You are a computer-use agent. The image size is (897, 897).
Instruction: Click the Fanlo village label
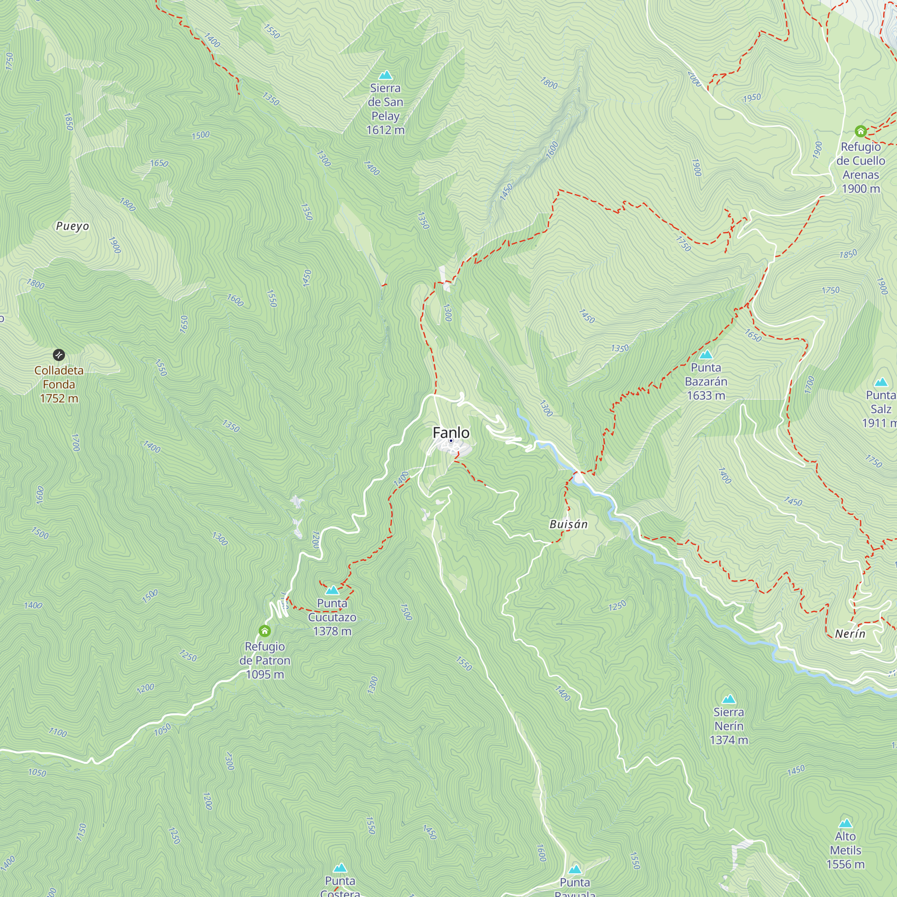[x=451, y=432]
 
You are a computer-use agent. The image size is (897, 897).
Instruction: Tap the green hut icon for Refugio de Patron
[x=265, y=631]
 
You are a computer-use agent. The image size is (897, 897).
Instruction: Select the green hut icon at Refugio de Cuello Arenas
[x=860, y=131]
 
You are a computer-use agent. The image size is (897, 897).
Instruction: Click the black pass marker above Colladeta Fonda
[x=59, y=355]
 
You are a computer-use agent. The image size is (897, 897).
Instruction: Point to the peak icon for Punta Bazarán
[x=705, y=355]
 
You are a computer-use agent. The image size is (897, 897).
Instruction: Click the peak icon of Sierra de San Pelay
[x=385, y=75]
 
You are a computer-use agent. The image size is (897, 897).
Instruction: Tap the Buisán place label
[x=568, y=524]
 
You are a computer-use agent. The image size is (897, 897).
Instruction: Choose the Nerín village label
[x=849, y=634]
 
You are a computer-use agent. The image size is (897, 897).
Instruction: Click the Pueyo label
[x=72, y=226]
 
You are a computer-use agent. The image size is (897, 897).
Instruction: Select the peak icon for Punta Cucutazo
[x=332, y=591]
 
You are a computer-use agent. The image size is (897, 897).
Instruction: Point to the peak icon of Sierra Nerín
[x=728, y=699]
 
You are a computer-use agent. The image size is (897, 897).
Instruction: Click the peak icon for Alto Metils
[x=845, y=823]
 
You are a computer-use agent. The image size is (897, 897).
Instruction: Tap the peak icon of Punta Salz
[x=881, y=383]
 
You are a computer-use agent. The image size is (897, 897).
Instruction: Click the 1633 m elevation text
[x=705, y=396]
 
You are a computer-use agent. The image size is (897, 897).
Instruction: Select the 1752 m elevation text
[x=59, y=398]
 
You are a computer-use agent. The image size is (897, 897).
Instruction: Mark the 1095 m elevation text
[x=265, y=674]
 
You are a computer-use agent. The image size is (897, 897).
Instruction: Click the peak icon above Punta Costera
[x=340, y=868]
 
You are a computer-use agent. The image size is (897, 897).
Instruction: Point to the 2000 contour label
[x=694, y=79]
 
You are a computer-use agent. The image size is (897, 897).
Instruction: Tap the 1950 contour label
[x=752, y=97]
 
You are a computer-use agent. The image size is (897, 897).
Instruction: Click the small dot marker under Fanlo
[x=451, y=440]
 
